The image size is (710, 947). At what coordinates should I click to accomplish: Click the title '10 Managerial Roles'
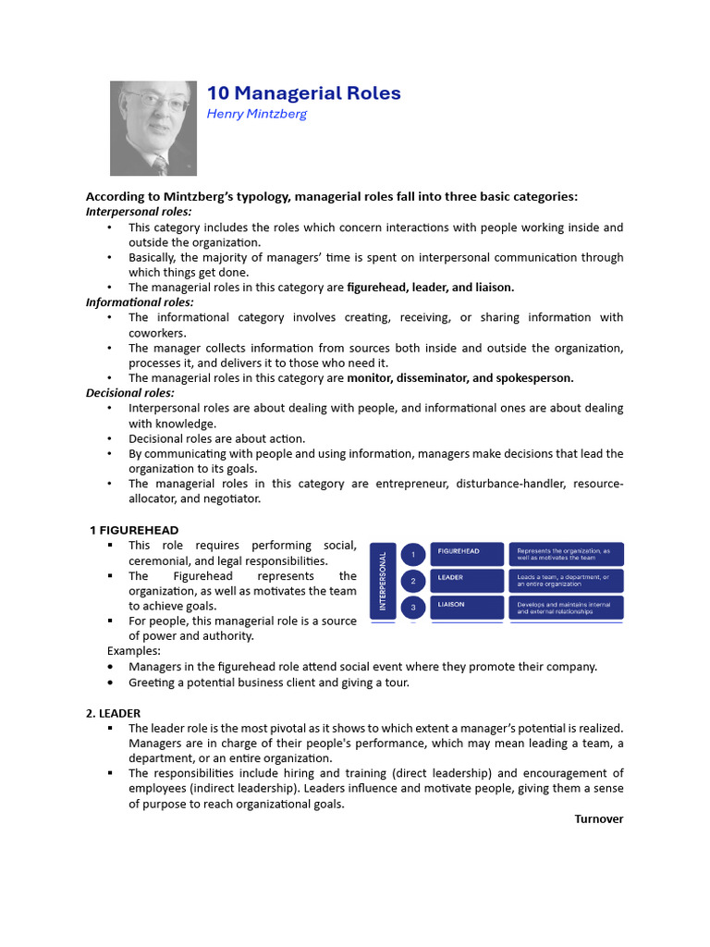[x=303, y=93]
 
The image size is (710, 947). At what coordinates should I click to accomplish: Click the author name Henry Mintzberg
[x=256, y=114]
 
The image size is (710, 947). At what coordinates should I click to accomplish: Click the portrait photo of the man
[x=153, y=128]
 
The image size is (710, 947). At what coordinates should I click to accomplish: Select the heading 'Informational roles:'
[x=140, y=302]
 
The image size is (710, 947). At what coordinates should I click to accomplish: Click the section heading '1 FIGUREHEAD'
[x=134, y=530]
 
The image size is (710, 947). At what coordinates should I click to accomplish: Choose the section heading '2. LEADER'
[x=113, y=713]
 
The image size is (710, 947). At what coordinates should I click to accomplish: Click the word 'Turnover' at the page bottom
[x=598, y=818]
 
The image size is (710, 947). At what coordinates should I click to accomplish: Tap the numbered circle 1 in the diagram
[x=413, y=554]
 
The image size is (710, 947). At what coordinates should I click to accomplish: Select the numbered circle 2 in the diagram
[x=413, y=581]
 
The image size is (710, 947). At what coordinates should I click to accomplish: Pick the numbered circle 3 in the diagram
[x=413, y=608]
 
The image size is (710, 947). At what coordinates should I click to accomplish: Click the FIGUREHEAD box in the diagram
[x=467, y=554]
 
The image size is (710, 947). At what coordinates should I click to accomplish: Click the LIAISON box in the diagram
[x=467, y=608]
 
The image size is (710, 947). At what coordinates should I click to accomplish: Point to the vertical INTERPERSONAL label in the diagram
[x=383, y=581]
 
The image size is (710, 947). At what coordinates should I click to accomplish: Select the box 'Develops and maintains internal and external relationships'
[x=566, y=608]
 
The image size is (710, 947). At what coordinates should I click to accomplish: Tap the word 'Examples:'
[x=134, y=651]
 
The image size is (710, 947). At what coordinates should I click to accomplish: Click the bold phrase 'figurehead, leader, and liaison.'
[x=430, y=288]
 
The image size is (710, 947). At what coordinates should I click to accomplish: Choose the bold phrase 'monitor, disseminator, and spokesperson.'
[x=459, y=378]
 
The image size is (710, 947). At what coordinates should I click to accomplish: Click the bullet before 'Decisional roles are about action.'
[x=109, y=439]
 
